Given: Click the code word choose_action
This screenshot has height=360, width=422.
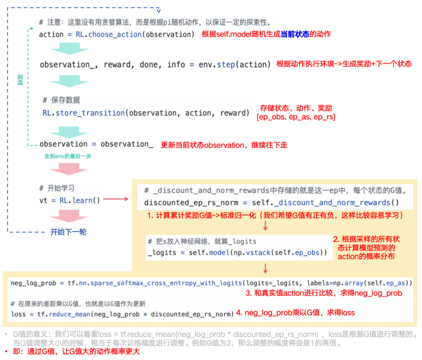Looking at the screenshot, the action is click(115, 34).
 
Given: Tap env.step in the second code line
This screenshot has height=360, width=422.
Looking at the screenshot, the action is click(220, 64).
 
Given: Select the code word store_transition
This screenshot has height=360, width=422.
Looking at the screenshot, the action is click(90, 113).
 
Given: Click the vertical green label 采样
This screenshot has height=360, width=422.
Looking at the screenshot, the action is click(20, 80).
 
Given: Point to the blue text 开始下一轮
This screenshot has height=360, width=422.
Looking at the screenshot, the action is click(68, 232).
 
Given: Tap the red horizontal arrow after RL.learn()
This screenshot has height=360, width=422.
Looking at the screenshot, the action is click(116, 199).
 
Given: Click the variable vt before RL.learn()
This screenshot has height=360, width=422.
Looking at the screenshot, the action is click(43, 201).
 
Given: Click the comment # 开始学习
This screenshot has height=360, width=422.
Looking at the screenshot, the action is click(57, 188).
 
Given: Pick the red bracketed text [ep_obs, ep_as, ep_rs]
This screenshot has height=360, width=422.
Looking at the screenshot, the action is click(296, 116).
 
